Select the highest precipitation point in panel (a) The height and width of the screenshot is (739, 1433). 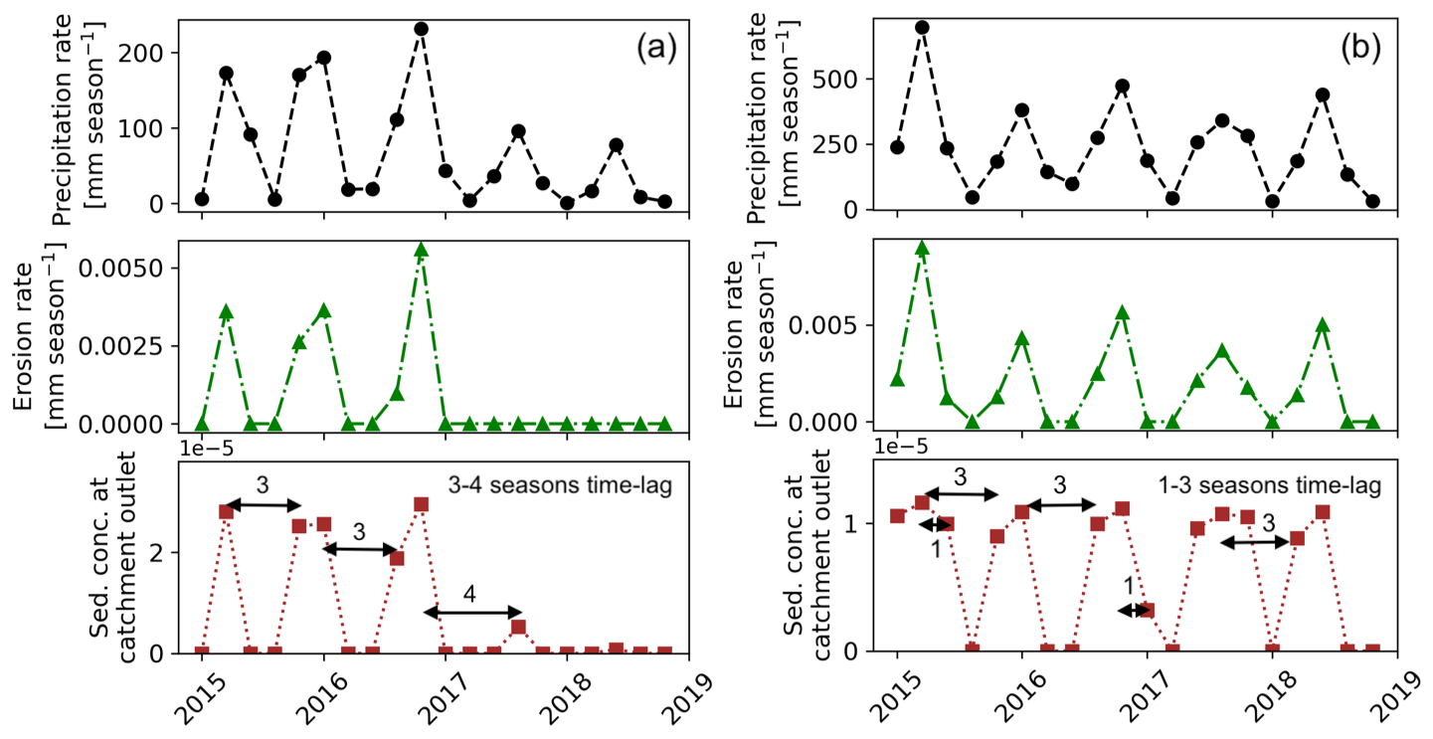[421, 29]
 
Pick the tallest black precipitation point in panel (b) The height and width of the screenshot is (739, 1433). [922, 27]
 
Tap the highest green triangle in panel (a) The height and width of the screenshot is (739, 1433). [421, 250]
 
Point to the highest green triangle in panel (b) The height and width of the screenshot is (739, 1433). [922, 249]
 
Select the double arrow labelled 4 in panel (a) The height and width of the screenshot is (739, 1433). [472, 612]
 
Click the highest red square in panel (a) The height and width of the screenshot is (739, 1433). [421, 504]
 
